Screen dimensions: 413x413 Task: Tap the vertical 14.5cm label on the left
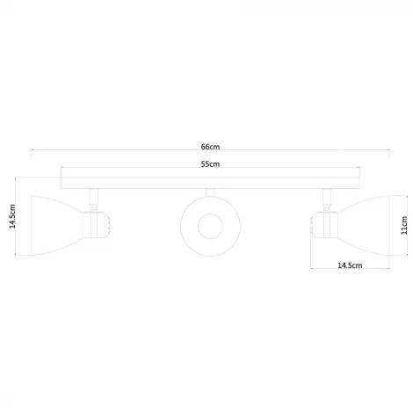coord(12,217)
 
